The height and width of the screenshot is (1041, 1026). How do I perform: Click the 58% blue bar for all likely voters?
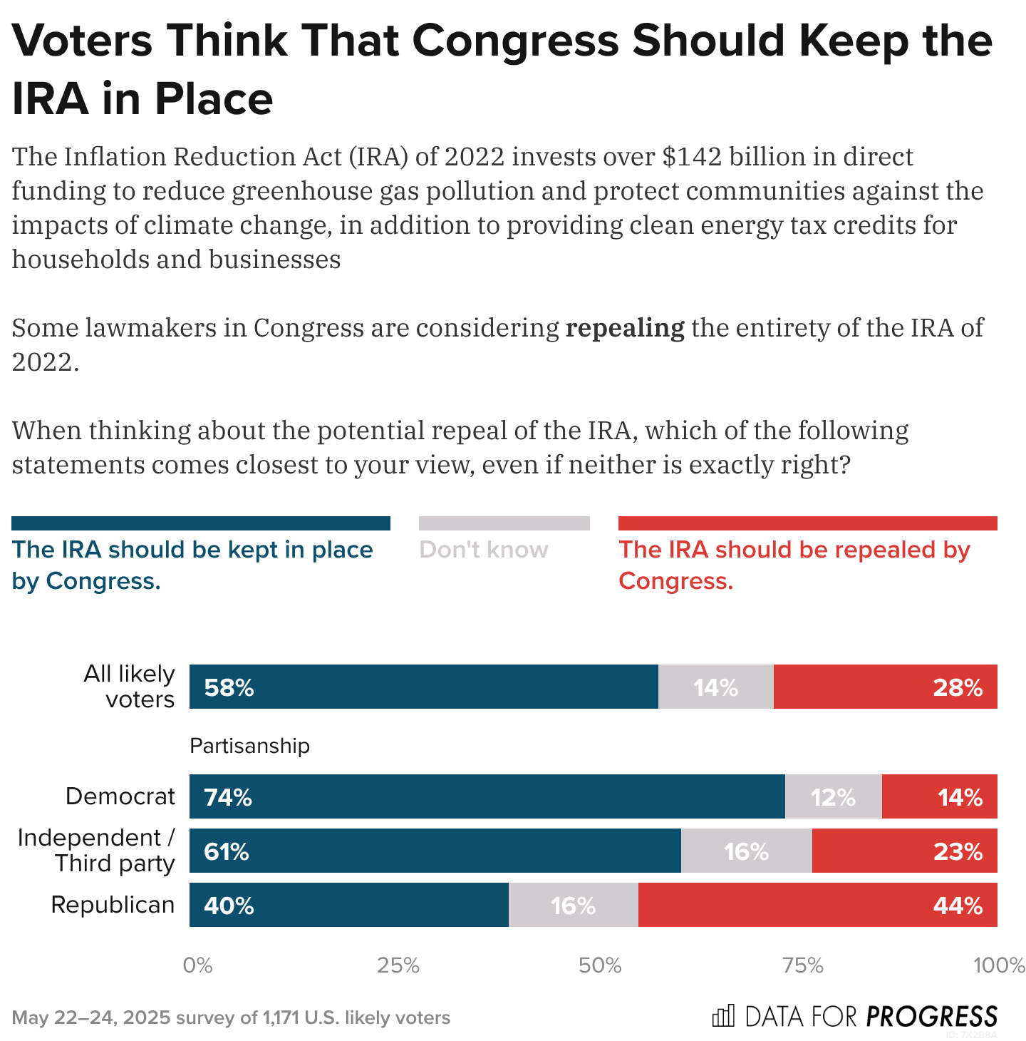tap(424, 687)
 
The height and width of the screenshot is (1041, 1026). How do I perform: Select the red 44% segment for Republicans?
tap(817, 905)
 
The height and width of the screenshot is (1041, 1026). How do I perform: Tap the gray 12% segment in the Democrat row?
tap(833, 796)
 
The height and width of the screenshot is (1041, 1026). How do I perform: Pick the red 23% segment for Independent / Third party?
tap(904, 851)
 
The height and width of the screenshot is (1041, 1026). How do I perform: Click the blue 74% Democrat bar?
tap(487, 796)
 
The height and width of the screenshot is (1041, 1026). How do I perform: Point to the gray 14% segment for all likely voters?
tap(715, 687)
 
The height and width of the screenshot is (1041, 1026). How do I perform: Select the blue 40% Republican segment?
tap(349, 905)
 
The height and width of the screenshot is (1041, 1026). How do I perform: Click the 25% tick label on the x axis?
tap(398, 965)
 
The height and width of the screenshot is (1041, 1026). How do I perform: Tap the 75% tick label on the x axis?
tap(803, 965)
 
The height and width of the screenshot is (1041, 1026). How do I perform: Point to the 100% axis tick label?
tap(999, 965)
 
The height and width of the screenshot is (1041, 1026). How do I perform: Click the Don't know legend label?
tap(484, 550)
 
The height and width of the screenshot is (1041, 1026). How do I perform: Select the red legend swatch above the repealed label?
tap(807, 523)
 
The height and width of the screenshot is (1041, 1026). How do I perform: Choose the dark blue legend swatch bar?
tap(201, 523)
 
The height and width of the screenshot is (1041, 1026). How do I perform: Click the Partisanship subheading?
tap(249, 746)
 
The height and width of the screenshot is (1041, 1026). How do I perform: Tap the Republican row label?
tap(113, 905)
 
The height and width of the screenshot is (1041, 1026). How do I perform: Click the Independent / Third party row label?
tap(96, 850)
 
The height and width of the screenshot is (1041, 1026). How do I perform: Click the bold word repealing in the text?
tap(624, 328)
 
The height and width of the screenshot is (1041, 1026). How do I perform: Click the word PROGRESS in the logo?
tap(932, 1016)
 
